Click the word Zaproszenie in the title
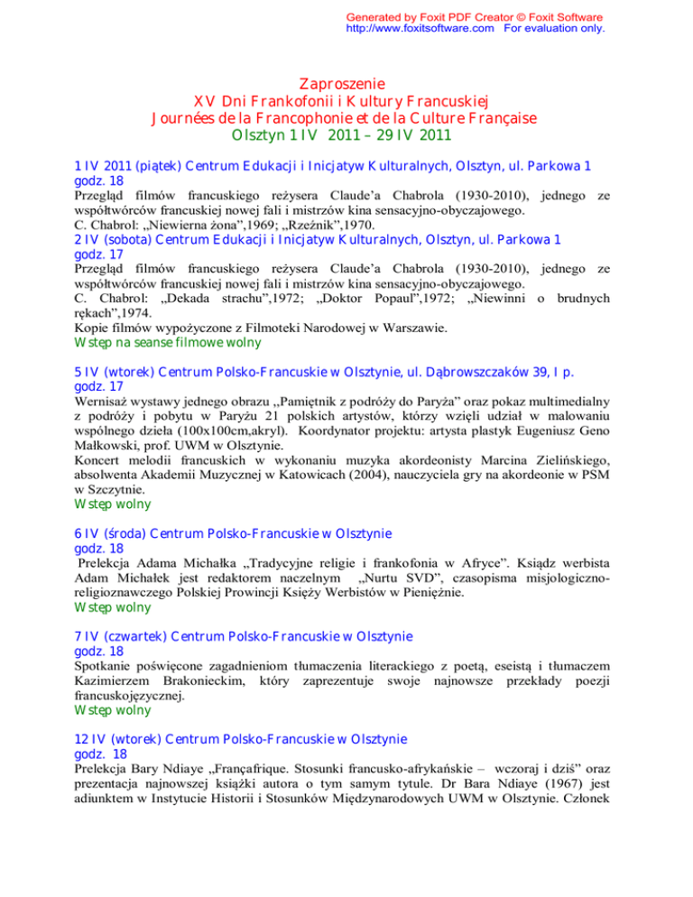pos(346,83)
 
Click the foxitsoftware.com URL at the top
pos(420,28)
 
